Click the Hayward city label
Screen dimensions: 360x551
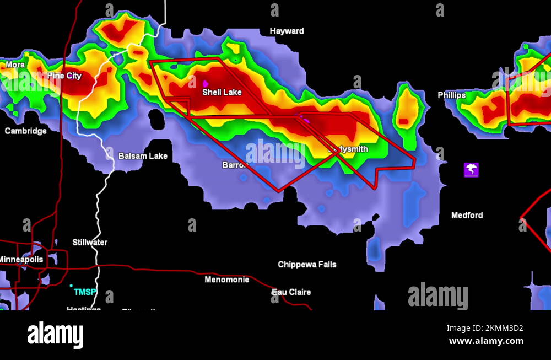click(287, 31)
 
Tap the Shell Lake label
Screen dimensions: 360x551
click(222, 92)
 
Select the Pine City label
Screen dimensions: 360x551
click(64, 76)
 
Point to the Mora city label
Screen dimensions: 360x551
click(15, 65)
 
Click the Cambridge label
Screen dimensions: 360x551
click(25, 131)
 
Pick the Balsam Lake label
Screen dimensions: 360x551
click(143, 156)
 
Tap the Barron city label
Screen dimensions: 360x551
click(235, 165)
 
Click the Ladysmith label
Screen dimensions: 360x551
click(348, 149)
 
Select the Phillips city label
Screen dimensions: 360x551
click(452, 95)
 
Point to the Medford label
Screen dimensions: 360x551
click(467, 215)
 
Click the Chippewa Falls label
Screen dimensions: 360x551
click(307, 265)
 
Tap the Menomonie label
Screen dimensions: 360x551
click(226, 280)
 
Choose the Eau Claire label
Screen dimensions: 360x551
click(291, 292)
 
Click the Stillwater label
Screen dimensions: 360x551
click(90, 242)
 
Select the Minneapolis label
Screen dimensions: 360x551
click(21, 259)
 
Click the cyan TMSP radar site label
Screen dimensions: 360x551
click(85, 292)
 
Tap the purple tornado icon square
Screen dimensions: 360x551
click(471, 170)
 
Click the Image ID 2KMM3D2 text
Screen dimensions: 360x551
click(484, 329)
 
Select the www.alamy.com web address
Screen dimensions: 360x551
click(486, 341)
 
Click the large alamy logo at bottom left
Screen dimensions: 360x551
click(56, 335)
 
